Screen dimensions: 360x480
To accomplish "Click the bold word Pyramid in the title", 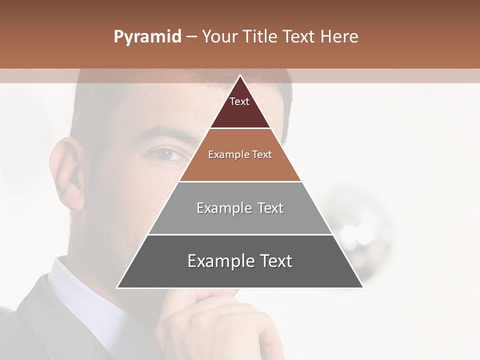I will pos(147,36).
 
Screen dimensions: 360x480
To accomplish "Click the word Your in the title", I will pos(219,36).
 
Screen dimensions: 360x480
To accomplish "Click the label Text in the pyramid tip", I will pos(239,101).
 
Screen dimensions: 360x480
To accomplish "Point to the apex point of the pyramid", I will pos(240,75).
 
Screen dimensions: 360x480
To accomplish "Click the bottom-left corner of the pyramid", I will pos(117,287).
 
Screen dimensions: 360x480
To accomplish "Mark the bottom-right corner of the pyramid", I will pos(362,287).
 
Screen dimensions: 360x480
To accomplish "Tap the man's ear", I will pos(67,172).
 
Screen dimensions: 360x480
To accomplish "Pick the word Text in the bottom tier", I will pos(273,261).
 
